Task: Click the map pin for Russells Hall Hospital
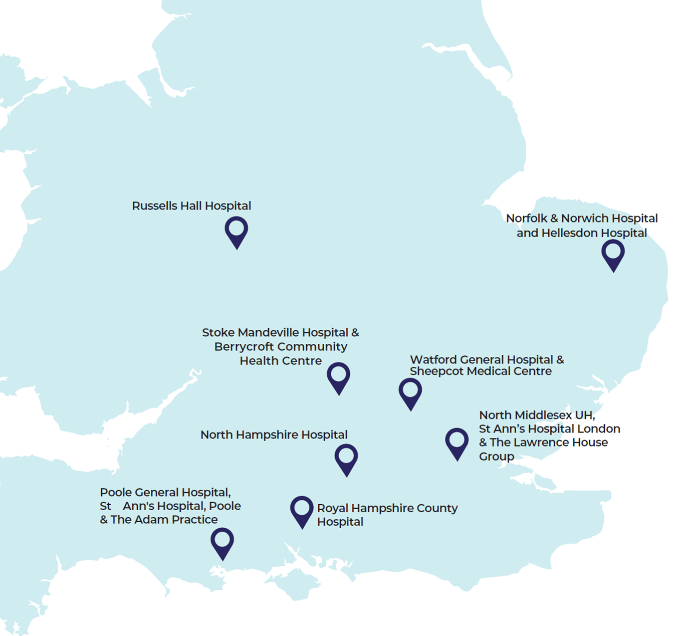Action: [x=237, y=231]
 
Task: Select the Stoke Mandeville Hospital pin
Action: [x=339, y=377]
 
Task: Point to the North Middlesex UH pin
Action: [x=457, y=443]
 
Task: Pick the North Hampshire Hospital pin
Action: [x=346, y=459]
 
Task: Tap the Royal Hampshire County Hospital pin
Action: [x=302, y=511]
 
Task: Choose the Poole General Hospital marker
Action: [x=222, y=542]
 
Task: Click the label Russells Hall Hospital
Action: [x=191, y=206]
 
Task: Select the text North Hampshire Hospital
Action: [x=274, y=435]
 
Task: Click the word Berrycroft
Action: [x=244, y=347]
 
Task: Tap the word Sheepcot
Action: [x=436, y=371]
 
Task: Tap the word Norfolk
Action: [x=526, y=219]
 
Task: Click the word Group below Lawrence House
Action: [x=496, y=457]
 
